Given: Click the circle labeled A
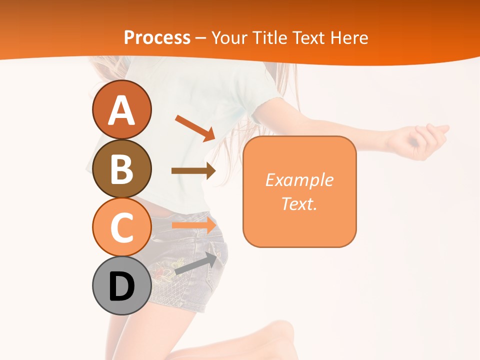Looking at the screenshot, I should pos(121,109).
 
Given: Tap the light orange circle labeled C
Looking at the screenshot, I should pos(121,227).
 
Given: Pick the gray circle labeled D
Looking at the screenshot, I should pos(121,286).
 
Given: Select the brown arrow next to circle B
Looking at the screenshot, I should pos(193,171).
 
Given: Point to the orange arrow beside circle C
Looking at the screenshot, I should pos(194,225).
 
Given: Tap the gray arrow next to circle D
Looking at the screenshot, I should pos(196,264).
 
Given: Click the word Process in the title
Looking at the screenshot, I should pos(157,37).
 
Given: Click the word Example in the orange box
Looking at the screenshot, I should pos(299,180).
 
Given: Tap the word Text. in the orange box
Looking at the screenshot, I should pos(299,203).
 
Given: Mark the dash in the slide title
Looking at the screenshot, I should pos(201,38).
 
